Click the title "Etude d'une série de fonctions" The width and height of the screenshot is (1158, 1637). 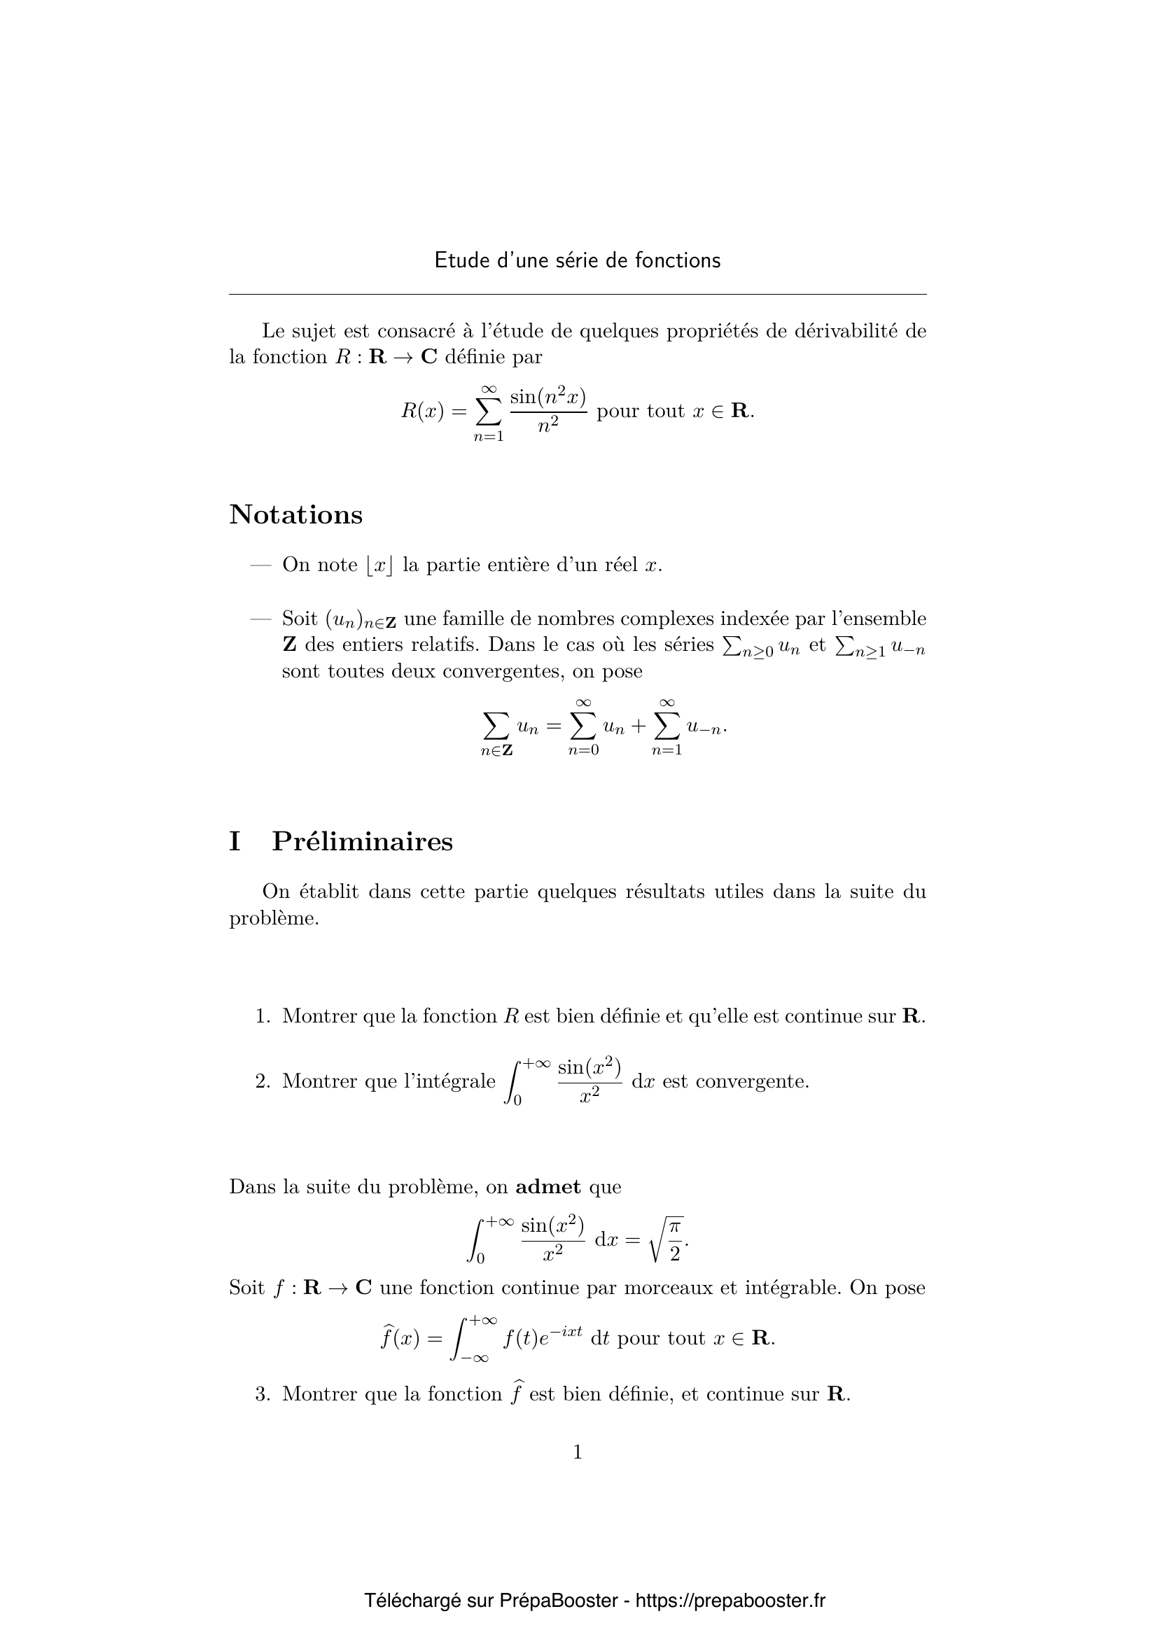pyautogui.click(x=578, y=261)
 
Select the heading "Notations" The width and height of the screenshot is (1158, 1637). pyautogui.click(x=295, y=515)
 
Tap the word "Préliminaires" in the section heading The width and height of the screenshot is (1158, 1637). pyautogui.click(x=362, y=842)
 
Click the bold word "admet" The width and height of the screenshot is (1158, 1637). pyautogui.click(x=547, y=1187)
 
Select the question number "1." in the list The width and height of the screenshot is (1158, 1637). pyautogui.click(x=263, y=1017)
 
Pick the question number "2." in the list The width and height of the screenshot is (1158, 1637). pyautogui.click(x=263, y=1081)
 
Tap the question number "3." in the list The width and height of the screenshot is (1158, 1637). pyautogui.click(x=263, y=1394)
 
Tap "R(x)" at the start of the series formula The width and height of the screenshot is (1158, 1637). pyautogui.click(x=423, y=412)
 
